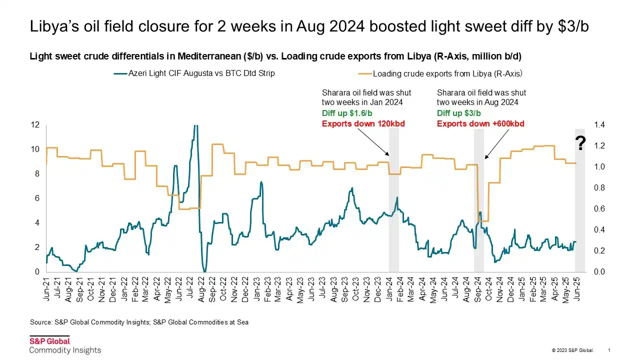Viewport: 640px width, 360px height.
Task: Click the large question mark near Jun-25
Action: pos(580,144)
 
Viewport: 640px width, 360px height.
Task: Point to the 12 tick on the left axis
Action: pos(35,124)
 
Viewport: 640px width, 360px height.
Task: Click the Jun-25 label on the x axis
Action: pos(578,289)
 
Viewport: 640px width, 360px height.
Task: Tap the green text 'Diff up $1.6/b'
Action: pos(347,113)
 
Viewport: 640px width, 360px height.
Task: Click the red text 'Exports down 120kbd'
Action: pos(363,123)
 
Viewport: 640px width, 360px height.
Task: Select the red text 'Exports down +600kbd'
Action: pos(480,123)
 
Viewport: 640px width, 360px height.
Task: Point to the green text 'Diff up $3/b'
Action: pos(458,113)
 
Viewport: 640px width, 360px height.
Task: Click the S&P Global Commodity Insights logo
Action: pos(64,345)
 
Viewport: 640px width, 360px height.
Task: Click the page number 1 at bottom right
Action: pos(608,350)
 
